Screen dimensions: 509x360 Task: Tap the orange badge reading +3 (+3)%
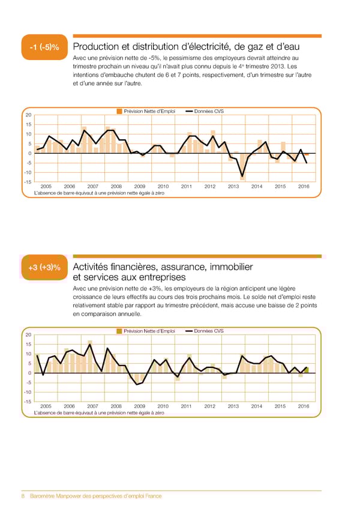click(43, 268)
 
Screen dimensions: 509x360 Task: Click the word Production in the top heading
click(99, 47)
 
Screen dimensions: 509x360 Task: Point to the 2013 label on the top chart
click(233, 187)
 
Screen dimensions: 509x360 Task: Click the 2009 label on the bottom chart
click(140, 406)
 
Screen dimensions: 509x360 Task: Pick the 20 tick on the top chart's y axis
click(28, 116)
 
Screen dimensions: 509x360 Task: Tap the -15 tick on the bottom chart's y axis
click(27, 402)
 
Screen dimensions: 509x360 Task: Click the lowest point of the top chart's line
click(242, 176)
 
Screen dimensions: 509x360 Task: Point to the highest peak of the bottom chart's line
click(90, 345)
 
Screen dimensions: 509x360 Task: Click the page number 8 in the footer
click(23, 496)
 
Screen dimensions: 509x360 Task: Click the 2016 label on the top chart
click(304, 187)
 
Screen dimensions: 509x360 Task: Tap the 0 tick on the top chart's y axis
click(29, 154)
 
